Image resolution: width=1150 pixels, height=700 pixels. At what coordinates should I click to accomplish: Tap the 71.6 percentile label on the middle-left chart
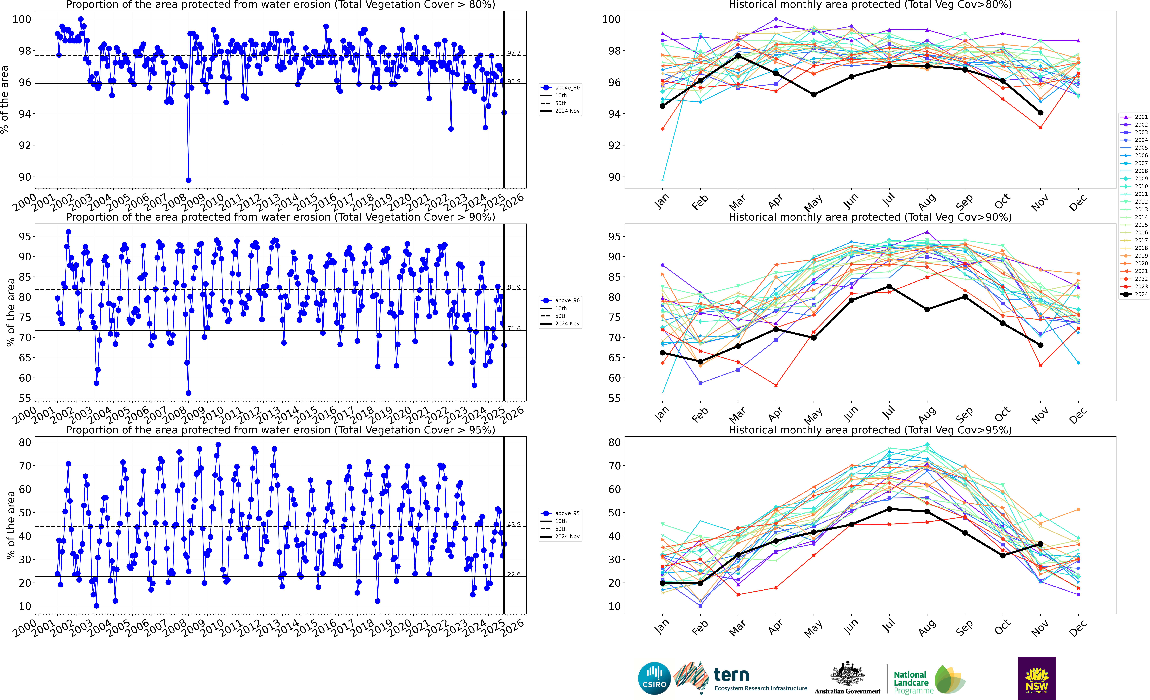(514, 329)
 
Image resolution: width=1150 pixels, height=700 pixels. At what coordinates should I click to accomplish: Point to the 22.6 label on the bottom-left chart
(514, 574)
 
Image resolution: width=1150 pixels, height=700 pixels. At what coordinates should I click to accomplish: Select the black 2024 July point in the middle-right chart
(889, 287)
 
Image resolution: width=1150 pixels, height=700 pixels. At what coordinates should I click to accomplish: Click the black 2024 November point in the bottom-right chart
(1040, 544)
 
